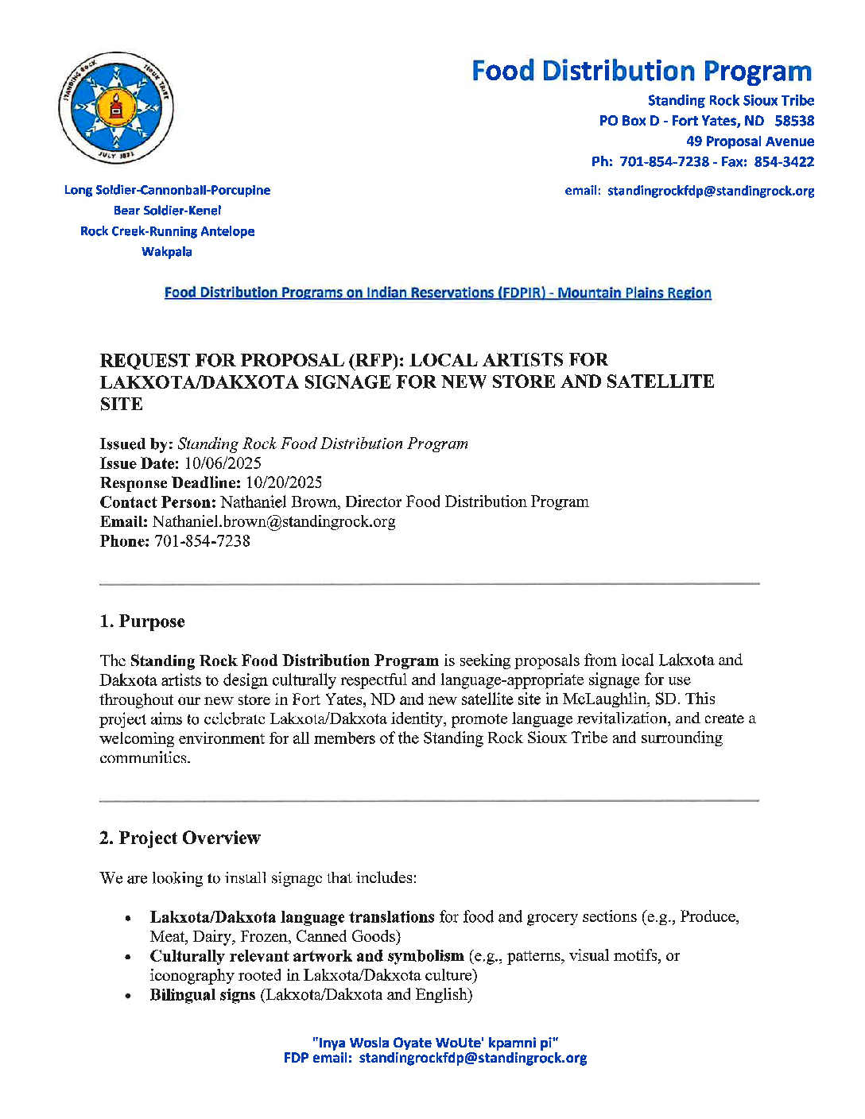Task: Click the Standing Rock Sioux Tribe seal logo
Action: click(x=116, y=108)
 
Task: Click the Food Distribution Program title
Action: click(x=642, y=72)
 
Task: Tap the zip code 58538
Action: click(x=794, y=121)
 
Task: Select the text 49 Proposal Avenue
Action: click(x=750, y=141)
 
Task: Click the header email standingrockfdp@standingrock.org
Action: click(x=711, y=192)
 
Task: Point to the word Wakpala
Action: click(x=167, y=252)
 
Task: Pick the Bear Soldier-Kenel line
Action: click(x=167, y=211)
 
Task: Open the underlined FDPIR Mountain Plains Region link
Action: click(x=437, y=293)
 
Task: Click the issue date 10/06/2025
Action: click(x=223, y=463)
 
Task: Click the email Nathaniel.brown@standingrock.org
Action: click(x=273, y=522)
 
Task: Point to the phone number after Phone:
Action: click(x=202, y=541)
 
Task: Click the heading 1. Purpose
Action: click(x=142, y=621)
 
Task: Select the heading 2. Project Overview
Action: click(x=180, y=838)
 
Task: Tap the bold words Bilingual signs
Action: click(x=203, y=995)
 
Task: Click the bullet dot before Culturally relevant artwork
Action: click(x=127, y=957)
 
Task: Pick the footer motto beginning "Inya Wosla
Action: click(x=436, y=1043)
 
